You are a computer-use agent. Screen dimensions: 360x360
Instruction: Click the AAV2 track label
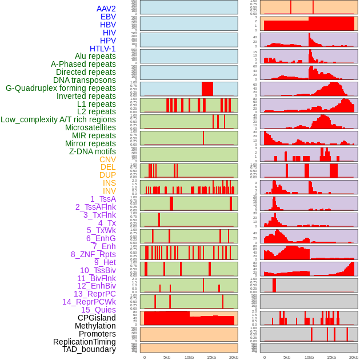coord(106,9)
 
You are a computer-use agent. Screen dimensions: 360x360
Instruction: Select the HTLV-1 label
coord(102,49)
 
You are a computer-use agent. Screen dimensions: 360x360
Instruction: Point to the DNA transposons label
coord(85,80)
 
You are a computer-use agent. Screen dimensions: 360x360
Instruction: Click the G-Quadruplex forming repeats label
coord(61,88)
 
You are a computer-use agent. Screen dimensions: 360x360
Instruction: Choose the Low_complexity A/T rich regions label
coord(58,119)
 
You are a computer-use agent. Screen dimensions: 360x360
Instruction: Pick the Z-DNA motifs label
coord(92,151)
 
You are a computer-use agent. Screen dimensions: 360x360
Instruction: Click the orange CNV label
coord(107,159)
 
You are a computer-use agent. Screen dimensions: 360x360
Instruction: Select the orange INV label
coord(109,191)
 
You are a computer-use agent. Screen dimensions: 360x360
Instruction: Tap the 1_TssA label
coord(103,199)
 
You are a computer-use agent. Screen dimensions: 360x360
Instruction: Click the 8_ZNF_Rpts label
coord(93,254)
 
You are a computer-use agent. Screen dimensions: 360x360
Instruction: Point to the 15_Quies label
coord(98,310)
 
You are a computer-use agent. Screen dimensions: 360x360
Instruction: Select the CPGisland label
coord(97,318)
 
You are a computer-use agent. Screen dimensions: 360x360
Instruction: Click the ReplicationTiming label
coord(84,342)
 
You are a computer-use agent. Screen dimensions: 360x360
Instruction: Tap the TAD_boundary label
coord(89,349)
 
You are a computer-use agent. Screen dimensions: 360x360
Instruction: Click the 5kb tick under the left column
coord(167,357)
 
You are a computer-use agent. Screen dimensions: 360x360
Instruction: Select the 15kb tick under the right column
coord(331,357)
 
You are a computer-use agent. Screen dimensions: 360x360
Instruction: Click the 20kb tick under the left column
coord(233,357)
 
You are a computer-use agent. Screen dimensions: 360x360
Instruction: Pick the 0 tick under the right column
coord(264,357)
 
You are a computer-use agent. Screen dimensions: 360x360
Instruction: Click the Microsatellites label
coord(90,127)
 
